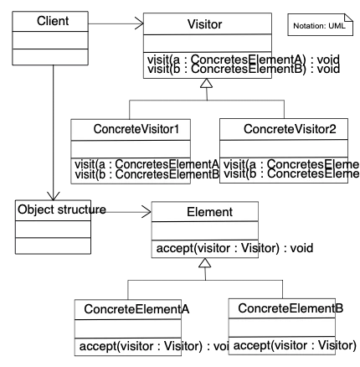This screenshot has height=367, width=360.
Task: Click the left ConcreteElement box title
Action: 129,310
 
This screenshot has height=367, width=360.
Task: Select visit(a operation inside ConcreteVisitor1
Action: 143,164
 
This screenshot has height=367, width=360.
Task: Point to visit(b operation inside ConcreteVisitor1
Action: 143,175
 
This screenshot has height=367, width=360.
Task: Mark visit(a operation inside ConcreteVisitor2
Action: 285,164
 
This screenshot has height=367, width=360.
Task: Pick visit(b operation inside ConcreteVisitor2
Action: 285,175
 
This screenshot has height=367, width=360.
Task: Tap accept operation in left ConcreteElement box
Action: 129,346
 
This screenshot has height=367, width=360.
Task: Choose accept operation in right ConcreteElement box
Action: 285,346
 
